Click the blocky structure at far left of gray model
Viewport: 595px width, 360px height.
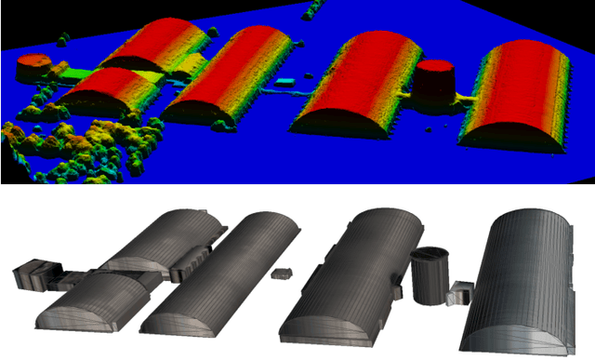coord(33,274)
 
